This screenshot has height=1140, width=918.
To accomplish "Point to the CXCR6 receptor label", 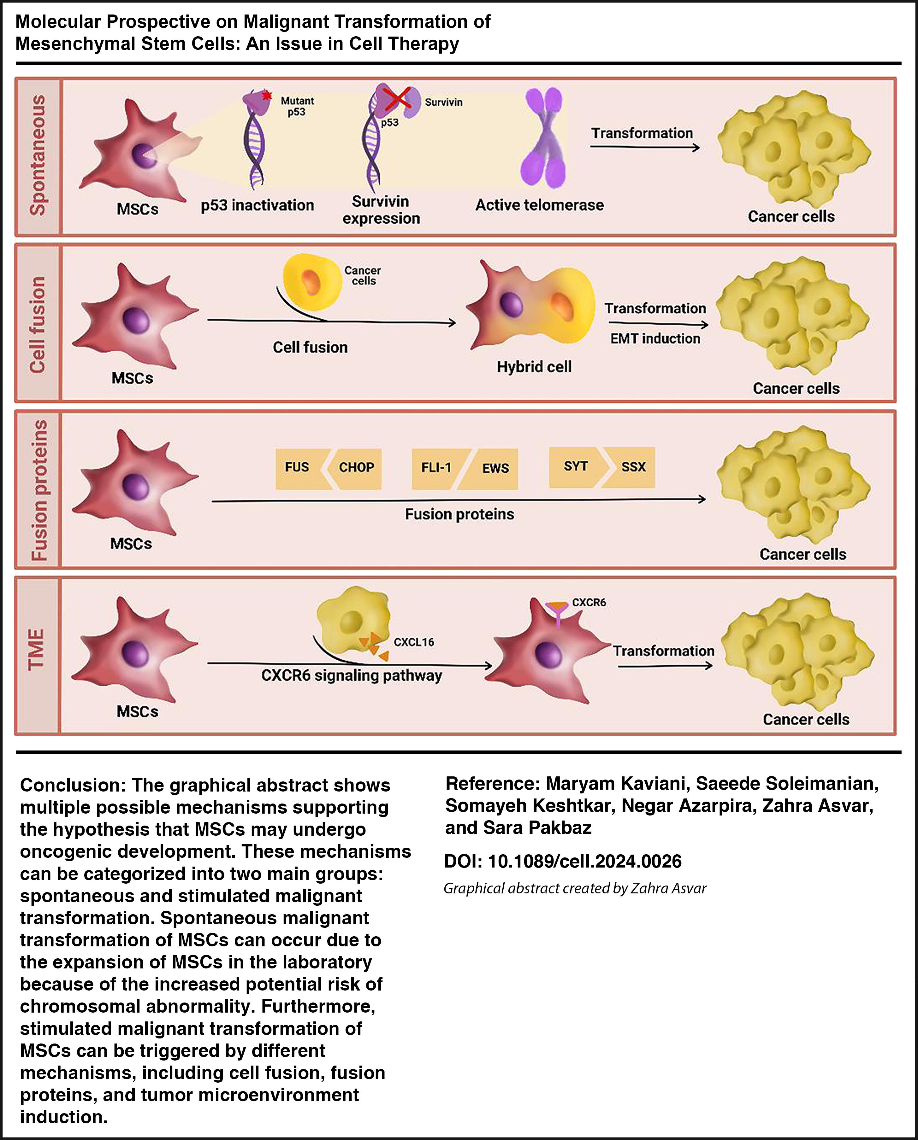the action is point(589,602).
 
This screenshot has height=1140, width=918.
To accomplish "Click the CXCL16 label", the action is point(414,642).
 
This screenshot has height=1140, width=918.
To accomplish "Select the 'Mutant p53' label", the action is point(297,106).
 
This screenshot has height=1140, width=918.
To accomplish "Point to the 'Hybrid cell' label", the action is point(534,367).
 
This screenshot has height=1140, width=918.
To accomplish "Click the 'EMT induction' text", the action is point(655,338).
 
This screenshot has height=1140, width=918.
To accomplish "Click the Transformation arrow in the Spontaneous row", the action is point(644,148).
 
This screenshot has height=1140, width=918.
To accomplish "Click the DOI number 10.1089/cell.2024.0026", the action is point(584,861).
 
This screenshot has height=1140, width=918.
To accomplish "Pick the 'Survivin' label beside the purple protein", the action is point(443,102).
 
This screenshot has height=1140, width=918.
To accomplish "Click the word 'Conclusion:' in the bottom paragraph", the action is point(73,785).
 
